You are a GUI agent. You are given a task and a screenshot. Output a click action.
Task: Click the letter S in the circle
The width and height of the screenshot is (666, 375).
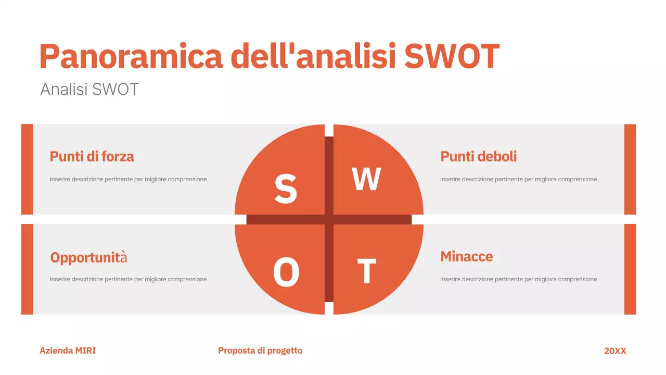click(286, 189)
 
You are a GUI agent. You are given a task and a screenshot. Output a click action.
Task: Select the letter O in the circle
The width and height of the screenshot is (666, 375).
click(286, 272)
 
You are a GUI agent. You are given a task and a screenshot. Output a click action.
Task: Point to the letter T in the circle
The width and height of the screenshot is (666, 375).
click(366, 271)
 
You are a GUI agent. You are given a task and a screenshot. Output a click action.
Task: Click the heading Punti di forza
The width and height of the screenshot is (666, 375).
click(92, 156)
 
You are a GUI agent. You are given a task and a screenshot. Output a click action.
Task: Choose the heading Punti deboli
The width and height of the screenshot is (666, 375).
click(478, 156)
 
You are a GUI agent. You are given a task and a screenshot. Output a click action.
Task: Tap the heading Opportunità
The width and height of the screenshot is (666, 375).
click(88, 257)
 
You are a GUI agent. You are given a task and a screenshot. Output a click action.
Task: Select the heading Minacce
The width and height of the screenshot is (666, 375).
click(466, 256)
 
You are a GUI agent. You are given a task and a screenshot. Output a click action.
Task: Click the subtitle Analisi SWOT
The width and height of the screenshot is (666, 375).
click(89, 89)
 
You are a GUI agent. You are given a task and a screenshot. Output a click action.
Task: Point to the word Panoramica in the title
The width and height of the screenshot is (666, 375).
click(131, 56)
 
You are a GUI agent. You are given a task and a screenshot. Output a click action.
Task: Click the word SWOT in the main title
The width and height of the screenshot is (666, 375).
click(451, 56)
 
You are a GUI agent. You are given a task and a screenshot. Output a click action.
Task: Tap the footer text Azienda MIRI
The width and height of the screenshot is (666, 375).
click(68, 351)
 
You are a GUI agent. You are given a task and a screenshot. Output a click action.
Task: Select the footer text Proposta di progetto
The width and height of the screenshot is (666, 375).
click(260, 351)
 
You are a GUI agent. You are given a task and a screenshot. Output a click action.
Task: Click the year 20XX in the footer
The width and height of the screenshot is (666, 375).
click(615, 351)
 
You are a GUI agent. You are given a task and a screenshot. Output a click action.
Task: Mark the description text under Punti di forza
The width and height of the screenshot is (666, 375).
click(129, 179)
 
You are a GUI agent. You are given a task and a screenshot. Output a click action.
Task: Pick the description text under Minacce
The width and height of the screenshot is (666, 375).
click(519, 279)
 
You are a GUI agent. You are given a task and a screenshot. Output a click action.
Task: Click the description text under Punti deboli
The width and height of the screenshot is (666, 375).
click(519, 179)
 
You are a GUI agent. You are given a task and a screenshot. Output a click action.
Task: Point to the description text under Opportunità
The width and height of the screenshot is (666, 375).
click(129, 279)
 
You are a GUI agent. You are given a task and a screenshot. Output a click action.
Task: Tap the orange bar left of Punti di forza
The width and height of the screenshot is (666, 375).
click(27, 169)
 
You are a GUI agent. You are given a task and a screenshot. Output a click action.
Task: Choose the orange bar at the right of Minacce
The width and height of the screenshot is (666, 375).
click(630, 269)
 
